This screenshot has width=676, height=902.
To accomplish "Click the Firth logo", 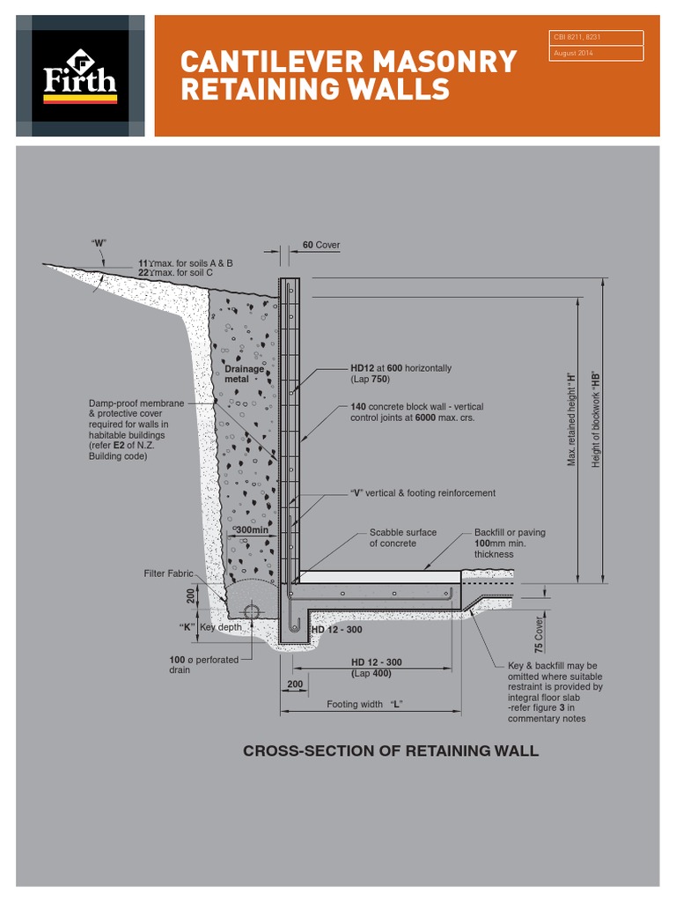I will pos(80,76).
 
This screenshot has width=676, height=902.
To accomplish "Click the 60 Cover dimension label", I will pos(320,245).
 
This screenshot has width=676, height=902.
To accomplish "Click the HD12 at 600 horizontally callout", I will pos(400,373).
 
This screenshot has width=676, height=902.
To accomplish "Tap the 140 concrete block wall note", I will pos(416,412).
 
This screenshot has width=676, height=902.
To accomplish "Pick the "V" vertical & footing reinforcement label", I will pos(422,493).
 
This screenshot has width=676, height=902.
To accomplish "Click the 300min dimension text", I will pos(252,530).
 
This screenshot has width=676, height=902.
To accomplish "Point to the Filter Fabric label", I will pos(168,573).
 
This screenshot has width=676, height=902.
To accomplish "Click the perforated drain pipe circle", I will pos(252,611).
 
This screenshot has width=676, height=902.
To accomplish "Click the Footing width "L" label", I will pos(371,704).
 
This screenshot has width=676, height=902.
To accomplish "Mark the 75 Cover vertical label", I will pos(539,633).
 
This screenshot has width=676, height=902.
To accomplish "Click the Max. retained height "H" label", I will pos(571,418).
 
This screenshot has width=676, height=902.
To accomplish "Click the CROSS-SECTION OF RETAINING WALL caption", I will pos(390,750).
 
